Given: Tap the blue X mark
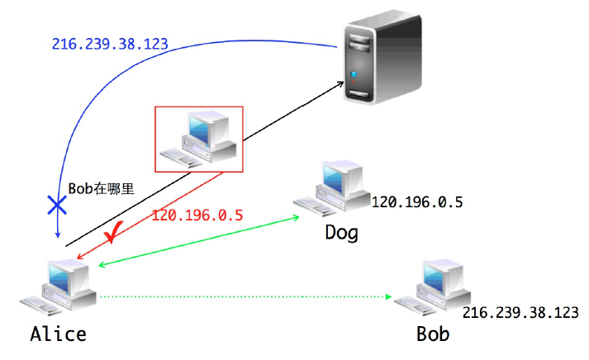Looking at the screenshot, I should pos(57,206).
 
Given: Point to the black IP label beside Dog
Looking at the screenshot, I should pos(416,201).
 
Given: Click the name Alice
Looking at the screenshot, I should pos(58,334).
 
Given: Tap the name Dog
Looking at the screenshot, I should pos(341,232).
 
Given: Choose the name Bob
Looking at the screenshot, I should pos(433,334).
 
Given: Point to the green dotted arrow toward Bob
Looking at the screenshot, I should pos(248,296).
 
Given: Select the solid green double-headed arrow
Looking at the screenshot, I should pos(198,242).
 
